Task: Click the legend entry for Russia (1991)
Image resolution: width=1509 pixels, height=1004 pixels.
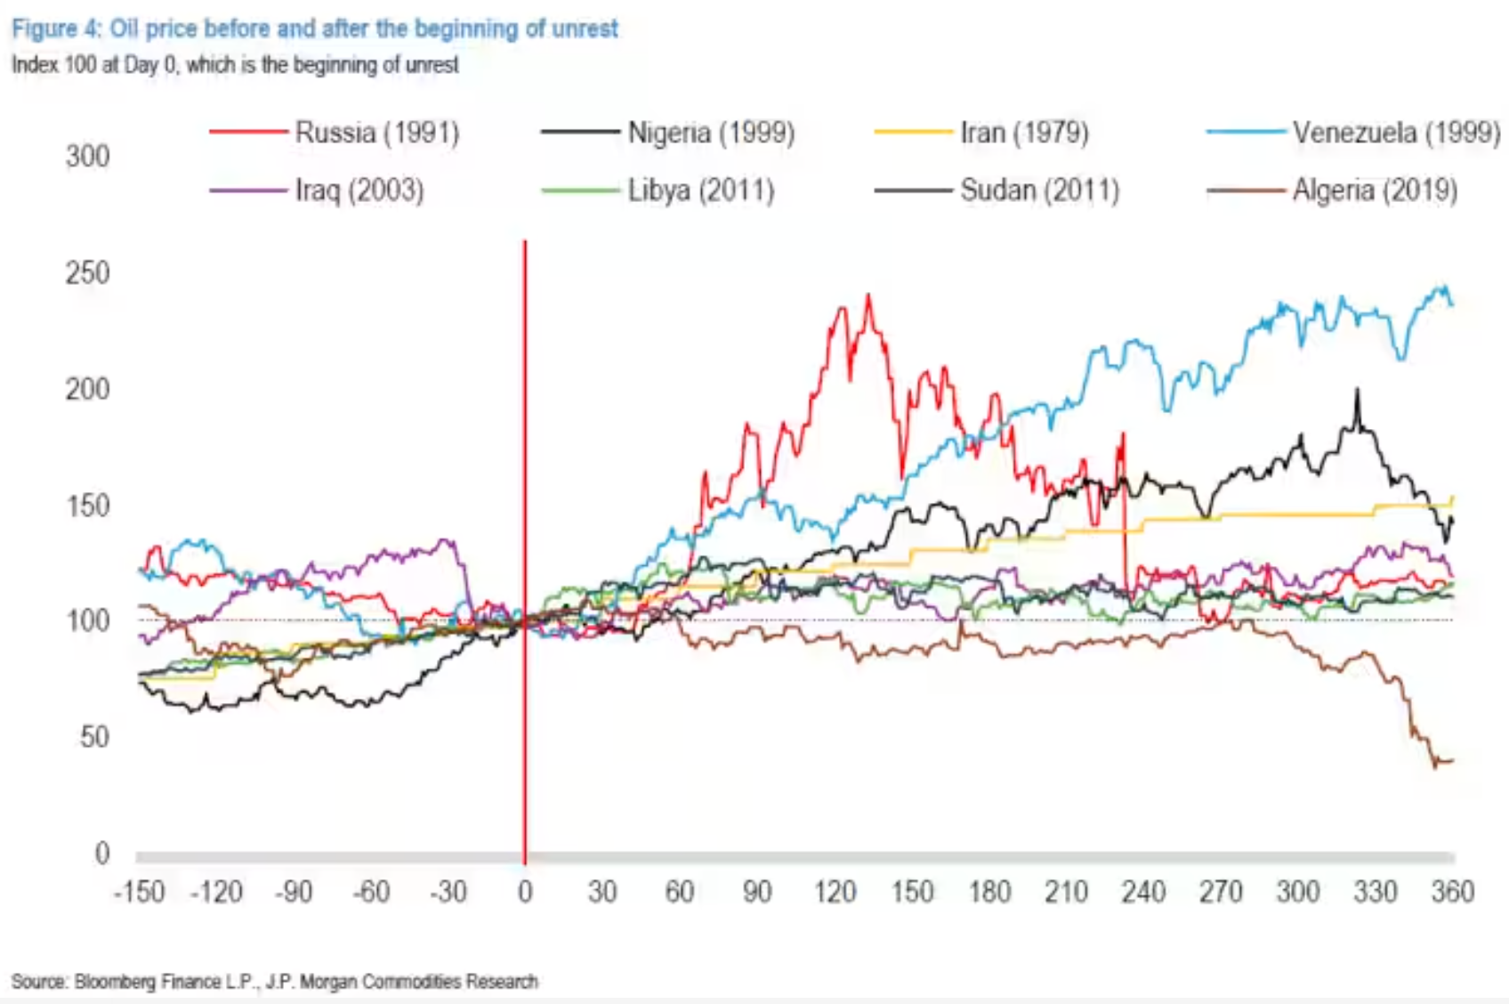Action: coord(376,134)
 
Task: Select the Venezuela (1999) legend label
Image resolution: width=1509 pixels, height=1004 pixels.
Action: coord(1395,134)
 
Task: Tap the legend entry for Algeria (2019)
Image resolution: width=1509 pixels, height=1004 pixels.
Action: coord(1374,190)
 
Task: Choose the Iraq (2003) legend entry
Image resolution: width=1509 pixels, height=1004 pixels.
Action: coord(359,190)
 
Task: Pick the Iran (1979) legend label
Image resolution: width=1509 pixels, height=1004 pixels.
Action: coord(1023,134)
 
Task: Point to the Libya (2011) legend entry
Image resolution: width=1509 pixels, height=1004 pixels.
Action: coord(700,190)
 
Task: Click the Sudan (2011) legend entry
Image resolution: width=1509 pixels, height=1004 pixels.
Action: coord(1038,190)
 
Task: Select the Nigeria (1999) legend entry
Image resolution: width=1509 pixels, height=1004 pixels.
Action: coord(710,134)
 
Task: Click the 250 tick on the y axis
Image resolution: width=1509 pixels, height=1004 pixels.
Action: coord(87,273)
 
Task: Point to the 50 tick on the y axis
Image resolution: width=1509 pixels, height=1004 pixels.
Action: coord(94,737)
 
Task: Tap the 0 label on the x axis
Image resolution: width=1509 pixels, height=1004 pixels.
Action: coord(525,892)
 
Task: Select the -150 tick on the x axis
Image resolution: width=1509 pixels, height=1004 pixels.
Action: coord(140,892)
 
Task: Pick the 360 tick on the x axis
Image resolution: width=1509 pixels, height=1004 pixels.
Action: coord(1452,892)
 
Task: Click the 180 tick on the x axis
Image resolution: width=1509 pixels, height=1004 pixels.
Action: coord(989,892)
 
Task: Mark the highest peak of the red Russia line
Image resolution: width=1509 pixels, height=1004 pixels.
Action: coord(868,296)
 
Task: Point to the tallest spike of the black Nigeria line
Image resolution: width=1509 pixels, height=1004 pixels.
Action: coord(1357,391)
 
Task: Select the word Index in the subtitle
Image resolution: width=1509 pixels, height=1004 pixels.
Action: coord(32,65)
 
